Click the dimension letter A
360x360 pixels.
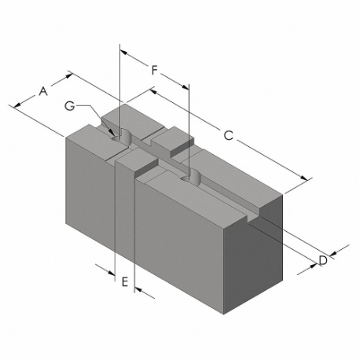tap(43, 92)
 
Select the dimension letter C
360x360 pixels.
tap(228, 137)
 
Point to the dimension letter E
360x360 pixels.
tap(124, 279)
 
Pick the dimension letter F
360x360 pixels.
tap(155, 71)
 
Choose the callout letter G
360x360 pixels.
tap(70, 105)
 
